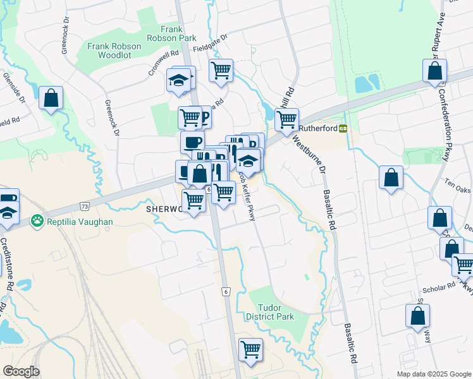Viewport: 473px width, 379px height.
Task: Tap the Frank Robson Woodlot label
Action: click(109, 51)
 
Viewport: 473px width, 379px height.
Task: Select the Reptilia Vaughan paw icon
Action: click(38, 222)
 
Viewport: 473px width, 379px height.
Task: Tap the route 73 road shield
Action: click(84, 207)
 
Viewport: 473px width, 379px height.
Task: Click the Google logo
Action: click(21, 371)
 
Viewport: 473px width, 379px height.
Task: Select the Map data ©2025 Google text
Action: click(433, 374)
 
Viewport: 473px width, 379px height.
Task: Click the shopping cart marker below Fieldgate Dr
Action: click(221, 71)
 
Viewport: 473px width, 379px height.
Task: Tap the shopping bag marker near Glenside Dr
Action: click(51, 99)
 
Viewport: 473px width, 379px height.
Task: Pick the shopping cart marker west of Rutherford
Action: click(286, 119)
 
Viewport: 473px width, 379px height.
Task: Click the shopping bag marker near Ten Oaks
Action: click(391, 177)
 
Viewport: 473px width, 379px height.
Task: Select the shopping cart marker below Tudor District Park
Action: click(250, 349)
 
